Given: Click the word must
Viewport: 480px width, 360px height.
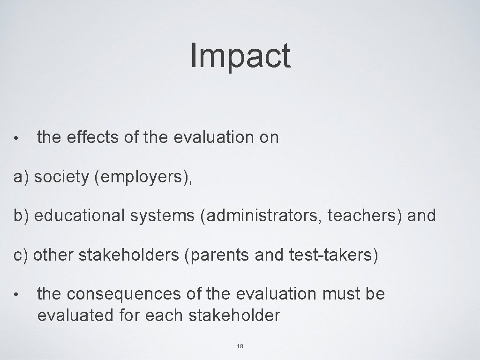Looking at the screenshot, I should point(340,294).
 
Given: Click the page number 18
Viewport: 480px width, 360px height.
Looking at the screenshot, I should point(240,346).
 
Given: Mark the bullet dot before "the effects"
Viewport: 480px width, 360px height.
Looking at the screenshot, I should point(16,139).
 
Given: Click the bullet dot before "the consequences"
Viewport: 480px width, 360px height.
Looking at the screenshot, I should point(16,295).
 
